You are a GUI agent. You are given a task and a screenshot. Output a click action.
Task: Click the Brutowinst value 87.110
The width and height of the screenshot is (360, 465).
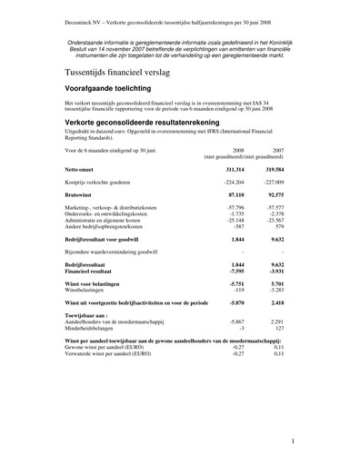click(235, 194)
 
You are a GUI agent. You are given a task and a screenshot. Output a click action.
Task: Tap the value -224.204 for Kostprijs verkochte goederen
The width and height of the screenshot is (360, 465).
click(234, 182)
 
